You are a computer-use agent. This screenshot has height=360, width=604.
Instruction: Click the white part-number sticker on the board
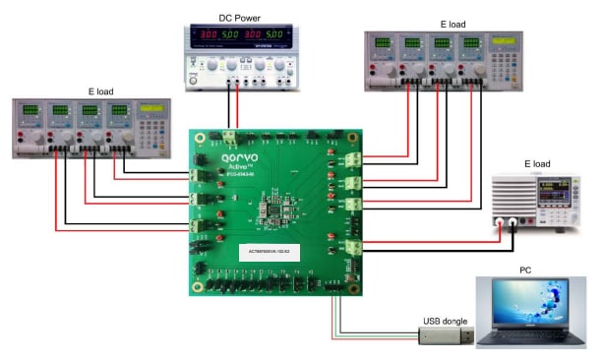280,253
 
